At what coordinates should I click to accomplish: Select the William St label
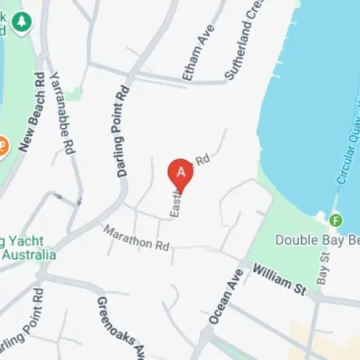[x=279, y=279]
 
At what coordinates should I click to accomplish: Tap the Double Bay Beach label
[x=317, y=240]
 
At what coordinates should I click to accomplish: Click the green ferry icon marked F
[x=336, y=220]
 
